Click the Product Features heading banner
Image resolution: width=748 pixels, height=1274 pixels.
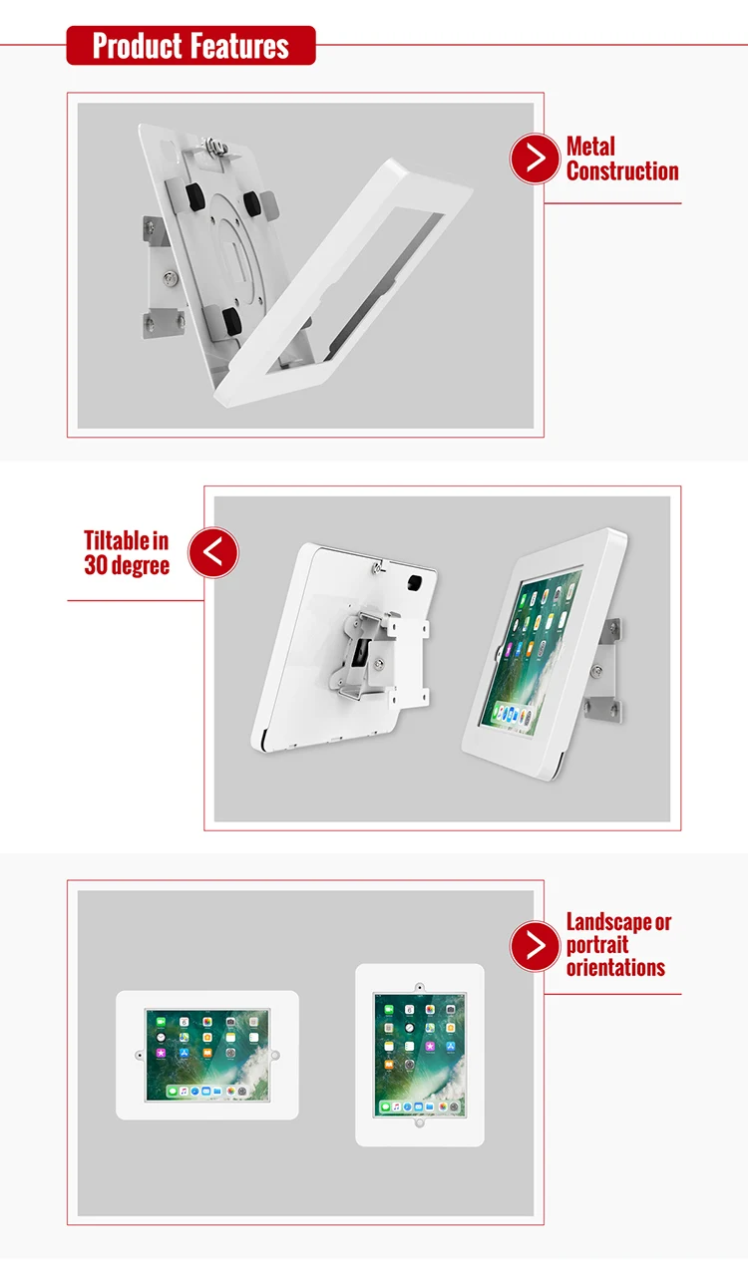[190, 46]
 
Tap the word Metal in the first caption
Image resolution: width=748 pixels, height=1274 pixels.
[590, 147]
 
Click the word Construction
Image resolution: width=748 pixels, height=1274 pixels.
[622, 171]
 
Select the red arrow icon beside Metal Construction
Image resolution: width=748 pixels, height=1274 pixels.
[535, 159]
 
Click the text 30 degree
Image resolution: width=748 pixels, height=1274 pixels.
[127, 565]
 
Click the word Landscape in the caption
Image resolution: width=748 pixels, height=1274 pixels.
[610, 922]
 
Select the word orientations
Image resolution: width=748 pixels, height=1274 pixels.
[615, 967]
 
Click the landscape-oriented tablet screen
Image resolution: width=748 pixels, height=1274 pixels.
[206, 1055]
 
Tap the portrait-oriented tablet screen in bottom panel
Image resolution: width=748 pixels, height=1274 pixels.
[420, 1054]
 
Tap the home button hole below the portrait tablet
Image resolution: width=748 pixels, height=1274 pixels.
[420, 1122]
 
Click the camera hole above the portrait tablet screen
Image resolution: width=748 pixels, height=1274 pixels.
[420, 986]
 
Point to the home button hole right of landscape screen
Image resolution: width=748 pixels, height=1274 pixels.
[275, 1055]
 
